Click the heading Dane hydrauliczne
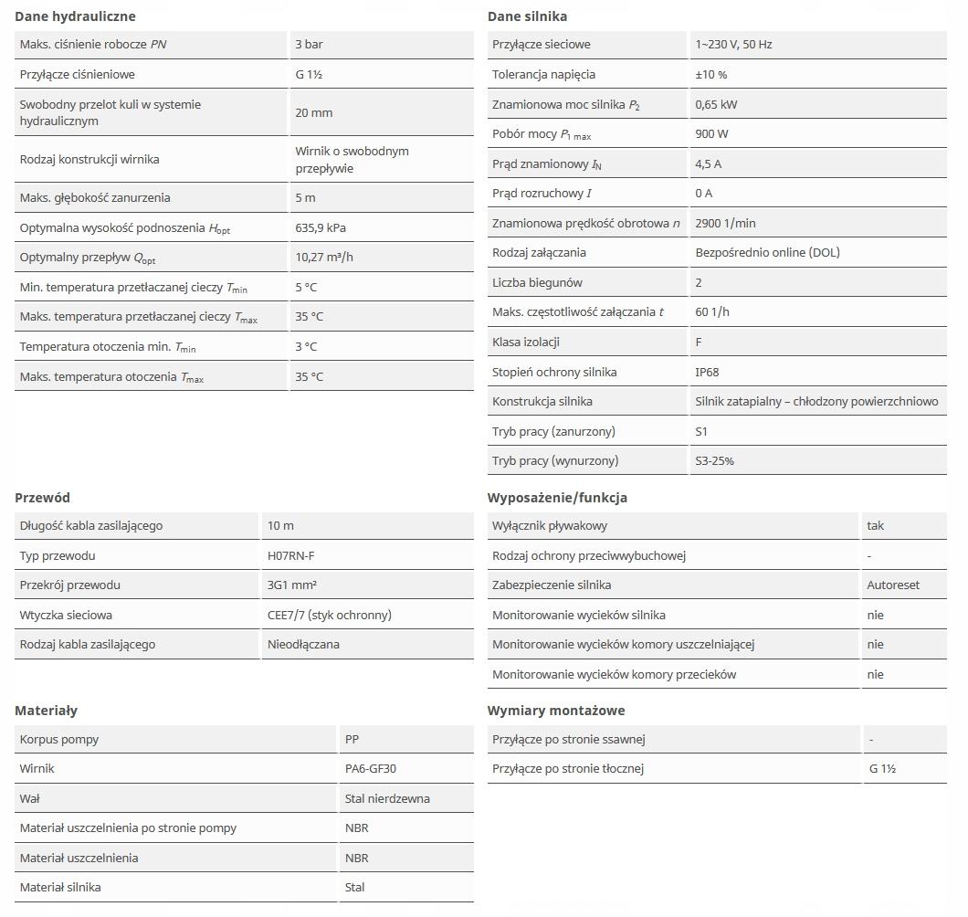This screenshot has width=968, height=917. click(x=75, y=16)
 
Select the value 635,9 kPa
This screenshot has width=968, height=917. click(x=321, y=227)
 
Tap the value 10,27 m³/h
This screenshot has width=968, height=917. click(x=324, y=258)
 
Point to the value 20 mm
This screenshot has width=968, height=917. click(x=313, y=112)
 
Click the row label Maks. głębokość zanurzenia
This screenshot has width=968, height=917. click(x=95, y=197)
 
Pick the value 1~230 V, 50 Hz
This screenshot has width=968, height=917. click(x=733, y=44)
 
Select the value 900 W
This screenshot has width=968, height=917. click(x=711, y=133)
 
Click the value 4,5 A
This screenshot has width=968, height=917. click(x=708, y=163)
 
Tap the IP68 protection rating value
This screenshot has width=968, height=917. click(x=707, y=372)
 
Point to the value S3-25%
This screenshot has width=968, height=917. click(x=714, y=461)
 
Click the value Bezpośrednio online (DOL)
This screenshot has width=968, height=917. click(x=767, y=252)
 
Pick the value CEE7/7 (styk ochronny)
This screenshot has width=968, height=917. click(x=329, y=615)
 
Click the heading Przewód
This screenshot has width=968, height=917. click(x=42, y=498)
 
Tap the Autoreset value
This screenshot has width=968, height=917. click(x=893, y=585)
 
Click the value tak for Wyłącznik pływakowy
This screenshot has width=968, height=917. click(x=875, y=525)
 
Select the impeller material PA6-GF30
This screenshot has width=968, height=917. click(x=371, y=768)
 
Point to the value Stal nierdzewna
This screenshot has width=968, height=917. click(x=387, y=798)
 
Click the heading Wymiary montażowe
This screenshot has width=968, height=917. click(x=556, y=711)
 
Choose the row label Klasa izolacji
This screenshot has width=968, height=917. click(x=525, y=342)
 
